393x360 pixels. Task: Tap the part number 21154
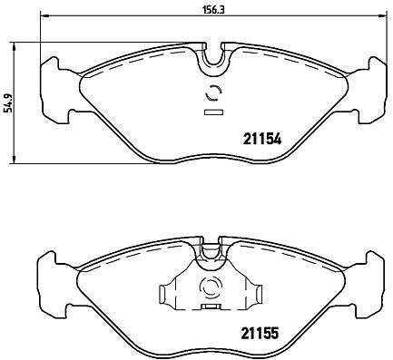pyautogui.click(x=262, y=140)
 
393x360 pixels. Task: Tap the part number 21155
pyautogui.click(x=260, y=334)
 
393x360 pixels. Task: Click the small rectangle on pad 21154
pyautogui.click(x=214, y=112)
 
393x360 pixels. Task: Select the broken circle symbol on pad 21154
pyautogui.click(x=213, y=92)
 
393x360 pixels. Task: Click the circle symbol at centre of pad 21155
pyautogui.click(x=211, y=286)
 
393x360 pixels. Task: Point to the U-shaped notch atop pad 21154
pyautogui.click(x=214, y=59)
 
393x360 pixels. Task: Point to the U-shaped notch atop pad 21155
pyautogui.click(x=211, y=251)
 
